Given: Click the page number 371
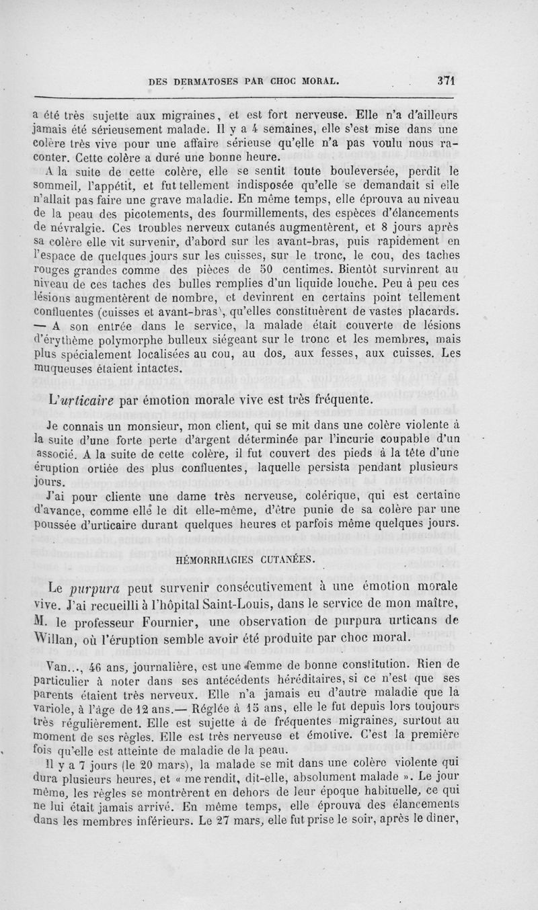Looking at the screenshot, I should (x=446, y=79).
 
